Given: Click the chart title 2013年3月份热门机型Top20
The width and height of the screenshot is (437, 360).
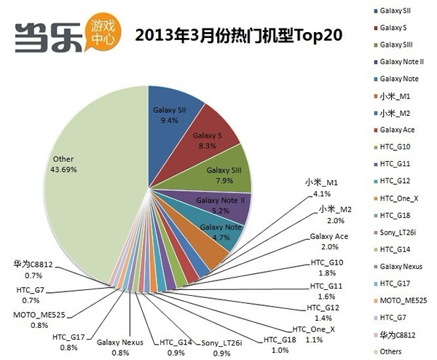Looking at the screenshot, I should [240, 34].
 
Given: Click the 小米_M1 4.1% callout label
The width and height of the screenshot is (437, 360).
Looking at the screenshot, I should [323, 187].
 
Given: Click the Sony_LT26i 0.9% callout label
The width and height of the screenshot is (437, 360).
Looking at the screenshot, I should [222, 347].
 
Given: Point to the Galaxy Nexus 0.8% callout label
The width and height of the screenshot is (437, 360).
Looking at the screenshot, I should [120, 347].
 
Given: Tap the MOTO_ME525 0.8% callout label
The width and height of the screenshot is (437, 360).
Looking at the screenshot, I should [35, 321].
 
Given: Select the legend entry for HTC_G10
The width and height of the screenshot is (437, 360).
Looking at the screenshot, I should [393, 146].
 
